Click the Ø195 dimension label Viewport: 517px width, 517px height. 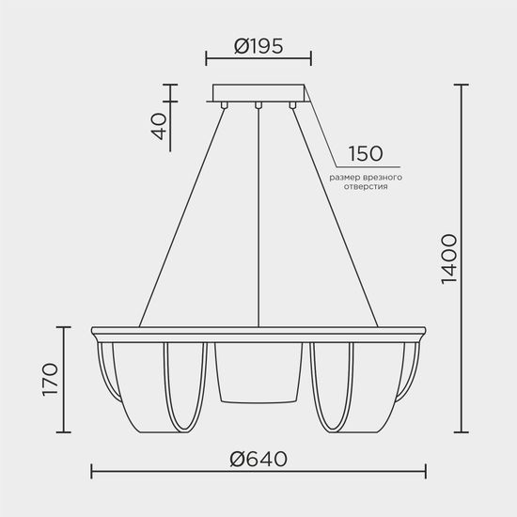(x=258, y=45)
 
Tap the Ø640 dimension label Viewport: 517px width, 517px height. (x=258, y=458)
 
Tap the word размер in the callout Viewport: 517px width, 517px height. (x=345, y=177)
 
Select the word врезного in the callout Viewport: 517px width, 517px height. (x=384, y=177)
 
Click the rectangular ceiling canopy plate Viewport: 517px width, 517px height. (x=258, y=93)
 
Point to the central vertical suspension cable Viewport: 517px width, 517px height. (x=258, y=216)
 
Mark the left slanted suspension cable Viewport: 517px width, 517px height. (x=183, y=216)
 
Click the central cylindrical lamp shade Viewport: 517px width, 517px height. (x=258, y=371)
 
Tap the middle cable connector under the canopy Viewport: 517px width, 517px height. (x=258, y=105)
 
